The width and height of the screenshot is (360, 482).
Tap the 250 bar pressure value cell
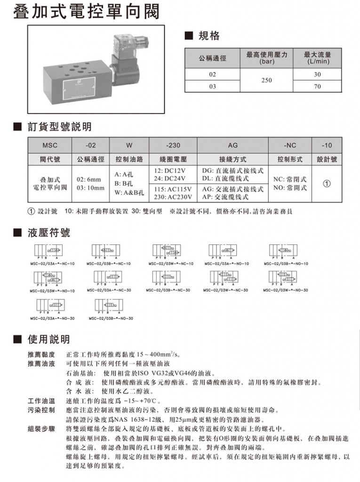click(x=266, y=80)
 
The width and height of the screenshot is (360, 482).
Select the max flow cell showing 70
click(x=317, y=87)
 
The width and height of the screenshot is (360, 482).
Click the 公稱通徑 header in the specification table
click(x=213, y=58)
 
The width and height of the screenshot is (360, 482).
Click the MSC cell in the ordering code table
click(x=49, y=145)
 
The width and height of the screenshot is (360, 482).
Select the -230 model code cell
click(x=173, y=145)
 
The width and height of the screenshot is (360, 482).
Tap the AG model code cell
click(x=233, y=145)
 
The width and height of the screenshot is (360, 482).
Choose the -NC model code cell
click(x=290, y=145)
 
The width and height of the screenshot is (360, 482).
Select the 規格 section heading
click(x=208, y=36)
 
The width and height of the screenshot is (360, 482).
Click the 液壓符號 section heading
click(x=48, y=233)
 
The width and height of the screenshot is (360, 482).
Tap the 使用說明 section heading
click(x=48, y=339)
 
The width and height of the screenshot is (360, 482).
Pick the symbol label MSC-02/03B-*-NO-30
click(x=111, y=318)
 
